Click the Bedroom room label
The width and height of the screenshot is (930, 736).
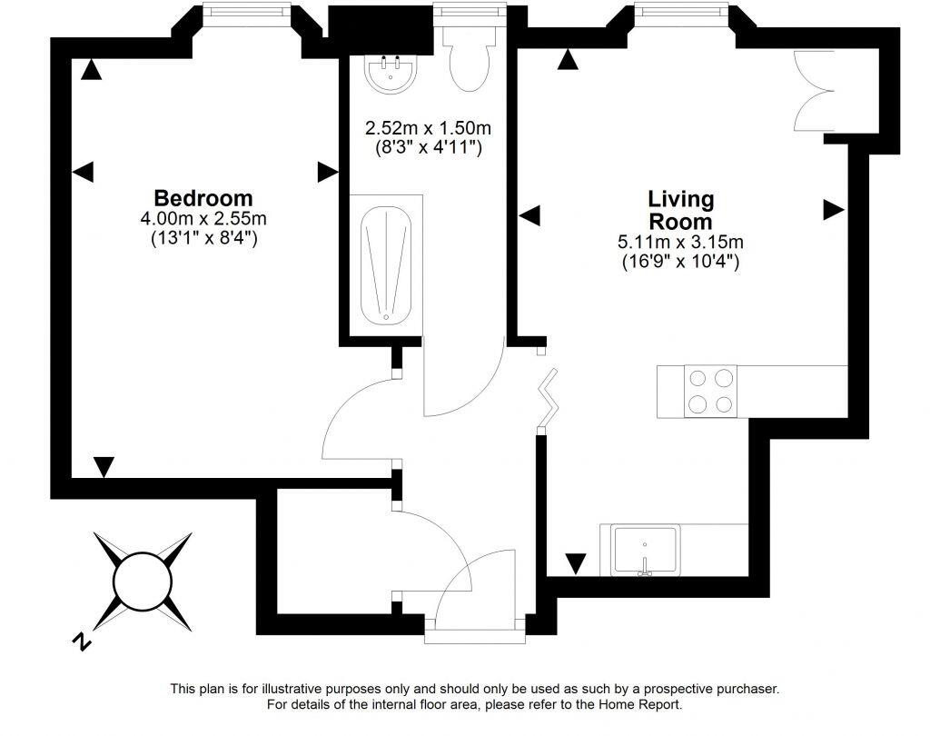(203, 198)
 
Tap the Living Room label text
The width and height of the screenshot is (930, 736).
(680, 210)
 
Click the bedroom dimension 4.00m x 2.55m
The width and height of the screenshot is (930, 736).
(203, 219)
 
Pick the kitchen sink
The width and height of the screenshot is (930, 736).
(645, 551)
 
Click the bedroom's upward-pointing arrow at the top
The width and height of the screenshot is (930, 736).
(89, 70)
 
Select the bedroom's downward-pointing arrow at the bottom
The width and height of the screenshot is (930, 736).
(104, 467)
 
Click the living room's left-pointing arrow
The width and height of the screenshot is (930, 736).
(529, 215)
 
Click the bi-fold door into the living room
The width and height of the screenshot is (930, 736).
(549, 398)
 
